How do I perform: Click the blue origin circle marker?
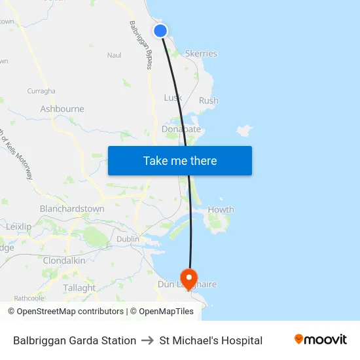(160, 31)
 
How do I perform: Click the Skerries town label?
(201, 54)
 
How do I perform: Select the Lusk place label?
(173, 98)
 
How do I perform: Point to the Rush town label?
(208, 101)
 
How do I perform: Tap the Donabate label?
(181, 130)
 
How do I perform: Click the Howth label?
(221, 209)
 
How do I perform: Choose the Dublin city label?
(128, 239)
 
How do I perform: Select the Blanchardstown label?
(72, 209)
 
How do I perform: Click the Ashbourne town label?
(62, 109)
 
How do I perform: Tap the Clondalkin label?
(64, 261)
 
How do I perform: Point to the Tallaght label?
(79, 288)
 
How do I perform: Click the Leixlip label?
(18, 226)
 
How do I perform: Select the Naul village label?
(115, 56)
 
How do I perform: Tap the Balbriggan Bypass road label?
(140, 45)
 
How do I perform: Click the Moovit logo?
(320, 340)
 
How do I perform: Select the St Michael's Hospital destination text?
(211, 340)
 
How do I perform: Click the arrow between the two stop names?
(148, 340)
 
